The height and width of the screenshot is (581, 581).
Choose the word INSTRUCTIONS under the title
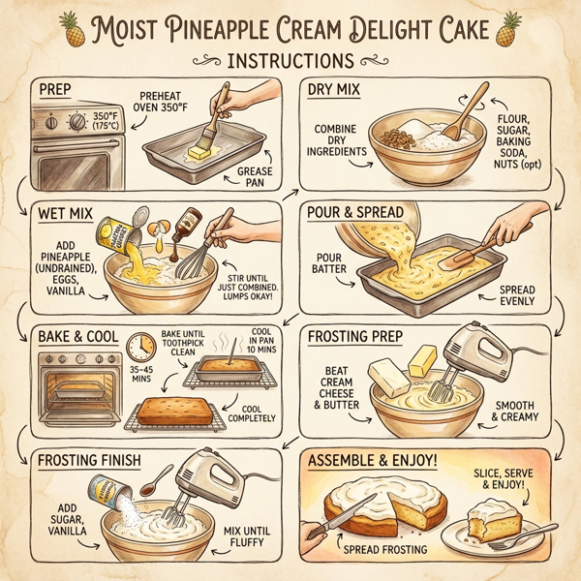point(288,60)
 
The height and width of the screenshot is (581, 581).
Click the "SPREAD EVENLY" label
point(523,295)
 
